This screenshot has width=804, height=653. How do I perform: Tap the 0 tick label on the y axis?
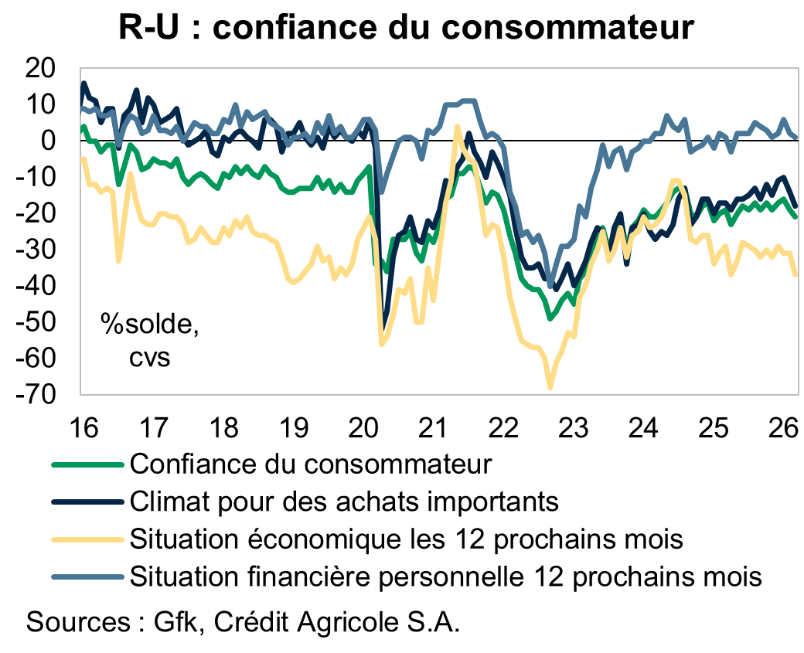coord(46,141)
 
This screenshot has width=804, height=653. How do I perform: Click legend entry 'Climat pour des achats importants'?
coord(345,501)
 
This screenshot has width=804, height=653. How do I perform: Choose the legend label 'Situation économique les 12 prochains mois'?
coord(407,538)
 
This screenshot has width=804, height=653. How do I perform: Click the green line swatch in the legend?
coord(87,464)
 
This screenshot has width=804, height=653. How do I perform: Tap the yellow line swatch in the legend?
coord(87,539)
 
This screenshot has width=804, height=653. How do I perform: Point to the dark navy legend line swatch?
coord(87,502)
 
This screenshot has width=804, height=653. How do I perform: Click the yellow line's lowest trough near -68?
coord(550,387)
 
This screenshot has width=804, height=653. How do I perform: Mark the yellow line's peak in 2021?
coord(457,128)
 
